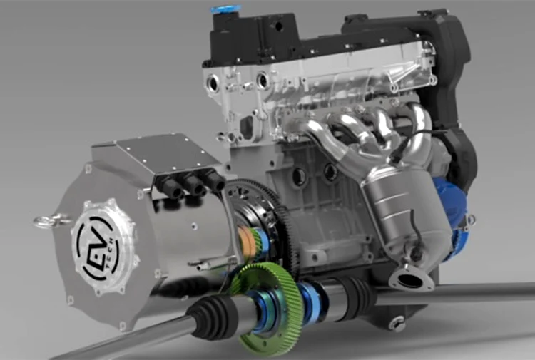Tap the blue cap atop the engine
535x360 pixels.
(222, 9)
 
